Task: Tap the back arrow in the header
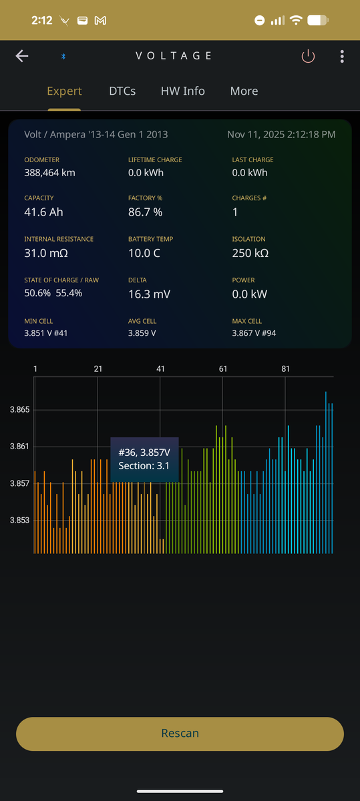coord(22,56)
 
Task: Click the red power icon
coord(308,56)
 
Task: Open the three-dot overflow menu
coord(342,56)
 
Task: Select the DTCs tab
coord(122,91)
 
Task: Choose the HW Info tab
coord(183,91)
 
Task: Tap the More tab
coord(244,91)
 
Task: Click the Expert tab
coord(64,91)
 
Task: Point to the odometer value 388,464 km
coord(49,173)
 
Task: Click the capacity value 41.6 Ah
coord(43,212)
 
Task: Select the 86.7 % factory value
coord(146,212)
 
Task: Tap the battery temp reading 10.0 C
coord(144,253)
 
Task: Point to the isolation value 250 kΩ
coord(250,253)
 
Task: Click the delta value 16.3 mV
coord(149,294)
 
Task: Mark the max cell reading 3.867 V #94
coord(254,333)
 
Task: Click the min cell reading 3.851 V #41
coord(46,333)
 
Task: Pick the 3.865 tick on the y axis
coord(19,409)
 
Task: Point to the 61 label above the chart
coord(223,368)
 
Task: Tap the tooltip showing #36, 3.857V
coord(144,459)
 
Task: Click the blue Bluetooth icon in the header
coord(63,56)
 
